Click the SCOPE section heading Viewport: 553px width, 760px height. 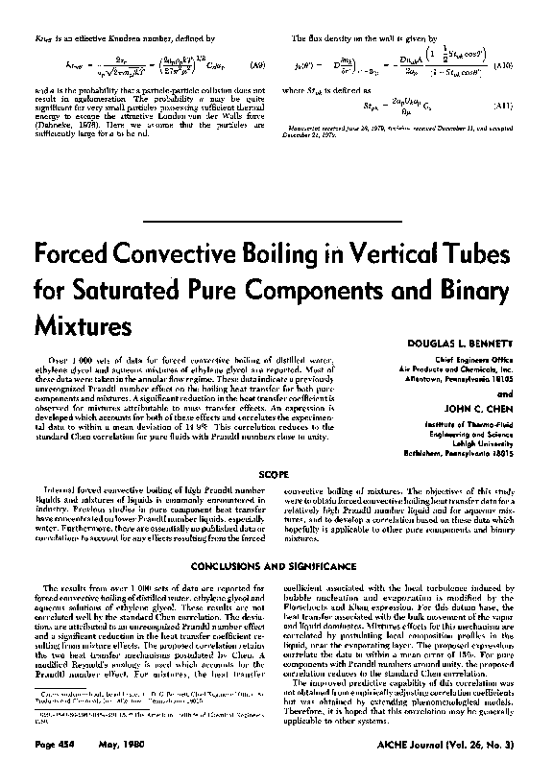coord(276,473)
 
